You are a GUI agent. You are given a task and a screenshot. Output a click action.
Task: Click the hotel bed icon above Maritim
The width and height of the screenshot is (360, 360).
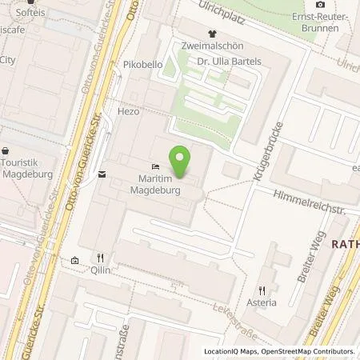[155, 166]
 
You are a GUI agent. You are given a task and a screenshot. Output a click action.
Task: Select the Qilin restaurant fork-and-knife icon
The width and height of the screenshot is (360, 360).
[100, 258]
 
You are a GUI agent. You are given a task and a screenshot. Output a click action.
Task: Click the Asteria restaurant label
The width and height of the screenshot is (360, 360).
[262, 302]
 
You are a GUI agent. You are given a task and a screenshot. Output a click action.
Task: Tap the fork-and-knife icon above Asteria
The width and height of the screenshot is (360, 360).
[262, 290]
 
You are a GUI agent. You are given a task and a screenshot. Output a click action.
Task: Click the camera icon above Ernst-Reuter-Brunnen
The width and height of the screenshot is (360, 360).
[321, 5]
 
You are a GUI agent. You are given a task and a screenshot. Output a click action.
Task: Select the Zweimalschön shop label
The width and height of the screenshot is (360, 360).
[211, 47]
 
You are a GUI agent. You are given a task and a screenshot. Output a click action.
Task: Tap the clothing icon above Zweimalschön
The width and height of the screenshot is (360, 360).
[211, 34]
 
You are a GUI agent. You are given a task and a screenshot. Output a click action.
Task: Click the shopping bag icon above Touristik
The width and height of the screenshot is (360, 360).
[6, 150]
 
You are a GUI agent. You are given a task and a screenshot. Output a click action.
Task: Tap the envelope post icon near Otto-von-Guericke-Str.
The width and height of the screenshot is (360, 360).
[102, 174]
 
